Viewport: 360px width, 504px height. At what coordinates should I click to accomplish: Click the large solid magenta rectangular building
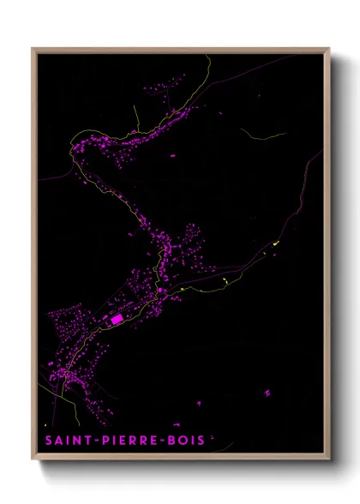point(116,319)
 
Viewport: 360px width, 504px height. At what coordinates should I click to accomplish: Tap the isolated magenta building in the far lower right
point(267,393)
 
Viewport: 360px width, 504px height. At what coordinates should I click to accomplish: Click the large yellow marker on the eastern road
point(276,246)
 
